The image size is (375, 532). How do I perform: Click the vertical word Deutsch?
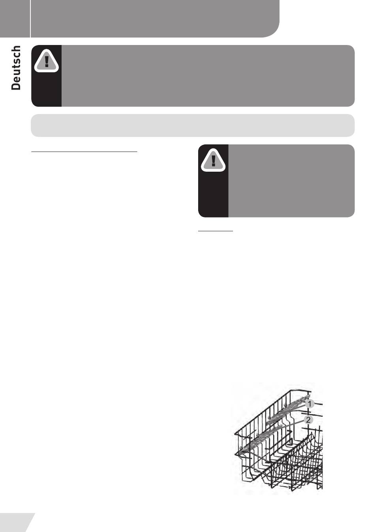(16, 68)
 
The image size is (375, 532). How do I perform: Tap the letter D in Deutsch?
(16, 86)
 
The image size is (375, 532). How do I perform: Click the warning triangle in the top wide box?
(46, 61)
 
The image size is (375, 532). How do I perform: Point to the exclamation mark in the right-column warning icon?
(213, 160)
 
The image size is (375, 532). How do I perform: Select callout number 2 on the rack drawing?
(308, 420)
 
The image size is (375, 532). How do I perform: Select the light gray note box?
(193, 126)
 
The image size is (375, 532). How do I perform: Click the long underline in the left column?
(84, 151)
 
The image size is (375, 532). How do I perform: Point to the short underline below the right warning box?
(216, 230)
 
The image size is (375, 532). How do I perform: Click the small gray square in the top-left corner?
(15, 19)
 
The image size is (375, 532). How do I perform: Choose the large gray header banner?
(155, 19)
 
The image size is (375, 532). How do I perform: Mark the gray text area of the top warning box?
(208, 76)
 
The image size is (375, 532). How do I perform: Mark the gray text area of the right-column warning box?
(291, 181)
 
